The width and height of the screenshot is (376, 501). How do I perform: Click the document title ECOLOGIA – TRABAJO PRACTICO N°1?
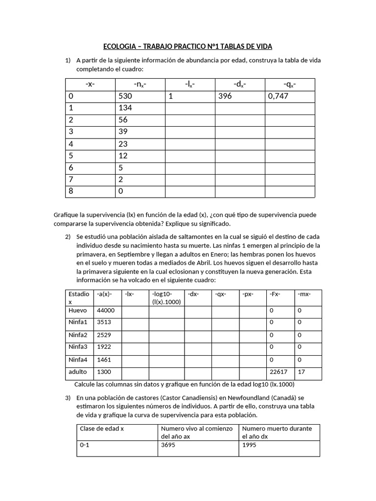pyautogui.click(x=188, y=46)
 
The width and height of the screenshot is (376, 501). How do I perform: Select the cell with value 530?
pyautogui.click(x=125, y=96)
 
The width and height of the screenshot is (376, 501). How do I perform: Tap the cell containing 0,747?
pyautogui.click(x=279, y=96)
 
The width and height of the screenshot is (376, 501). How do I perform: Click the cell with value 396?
pyautogui.click(x=225, y=96)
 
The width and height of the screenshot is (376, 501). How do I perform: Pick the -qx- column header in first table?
pyautogui.click(x=289, y=85)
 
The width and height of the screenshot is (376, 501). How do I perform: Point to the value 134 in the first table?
pyautogui.click(x=125, y=108)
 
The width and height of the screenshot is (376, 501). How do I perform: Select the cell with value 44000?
pyautogui.click(x=106, y=311)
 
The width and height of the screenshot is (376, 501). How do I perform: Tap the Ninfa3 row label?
pyautogui.click(x=79, y=347)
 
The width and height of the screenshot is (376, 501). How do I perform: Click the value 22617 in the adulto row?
pyautogui.click(x=279, y=372)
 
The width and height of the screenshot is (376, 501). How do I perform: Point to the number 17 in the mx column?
pyautogui.click(x=301, y=372)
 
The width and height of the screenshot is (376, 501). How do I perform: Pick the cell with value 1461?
pyautogui.click(x=104, y=360)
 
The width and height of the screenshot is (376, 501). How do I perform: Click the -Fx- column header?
pyautogui.click(x=275, y=294)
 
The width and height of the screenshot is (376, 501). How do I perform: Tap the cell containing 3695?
pyautogui.click(x=168, y=446)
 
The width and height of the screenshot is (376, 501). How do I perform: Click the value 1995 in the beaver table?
pyautogui.click(x=250, y=446)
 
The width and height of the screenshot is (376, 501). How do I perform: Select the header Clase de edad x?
pyautogui.click(x=102, y=429)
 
